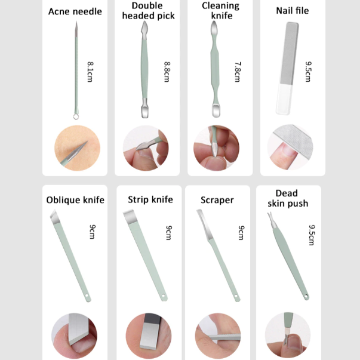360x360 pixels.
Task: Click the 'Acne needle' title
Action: point(75,11)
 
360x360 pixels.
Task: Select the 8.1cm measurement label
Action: point(90,72)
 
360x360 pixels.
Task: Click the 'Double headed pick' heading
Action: point(148,11)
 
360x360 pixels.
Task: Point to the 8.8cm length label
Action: point(167,72)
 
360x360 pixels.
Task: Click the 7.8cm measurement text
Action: point(238,72)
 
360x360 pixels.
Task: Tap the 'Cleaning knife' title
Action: point(221,11)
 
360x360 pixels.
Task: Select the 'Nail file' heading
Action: point(293,11)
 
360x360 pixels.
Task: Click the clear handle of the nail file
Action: point(284,99)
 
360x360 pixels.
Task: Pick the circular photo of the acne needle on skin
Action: point(77,148)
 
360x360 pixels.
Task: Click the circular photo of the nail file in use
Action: point(290,147)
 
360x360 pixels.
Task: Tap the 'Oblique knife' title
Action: point(75,200)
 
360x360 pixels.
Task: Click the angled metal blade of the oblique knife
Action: point(55,217)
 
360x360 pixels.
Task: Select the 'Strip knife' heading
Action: point(150,199)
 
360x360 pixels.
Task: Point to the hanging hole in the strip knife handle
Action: point(163,296)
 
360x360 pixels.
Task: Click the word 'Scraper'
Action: point(217,200)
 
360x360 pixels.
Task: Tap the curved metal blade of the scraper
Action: point(205,224)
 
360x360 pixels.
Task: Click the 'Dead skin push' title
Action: point(288,198)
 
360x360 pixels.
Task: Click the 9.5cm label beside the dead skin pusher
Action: point(312,235)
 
